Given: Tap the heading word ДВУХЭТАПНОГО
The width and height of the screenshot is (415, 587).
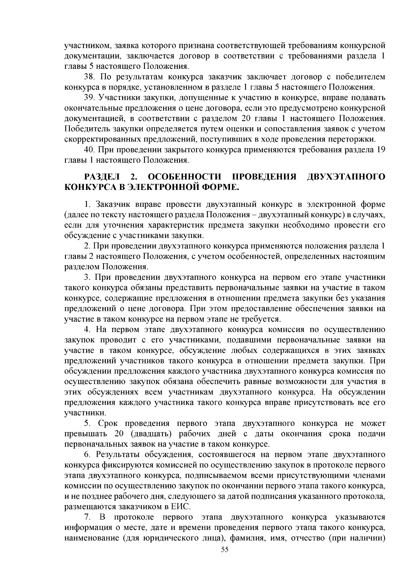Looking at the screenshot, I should tap(346, 177).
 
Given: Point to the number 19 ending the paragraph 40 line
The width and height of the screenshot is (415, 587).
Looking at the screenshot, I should tap(380, 150).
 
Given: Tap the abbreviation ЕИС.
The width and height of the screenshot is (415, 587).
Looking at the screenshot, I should tap(181, 507).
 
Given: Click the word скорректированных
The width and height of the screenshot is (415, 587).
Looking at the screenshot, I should tap(99, 139).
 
